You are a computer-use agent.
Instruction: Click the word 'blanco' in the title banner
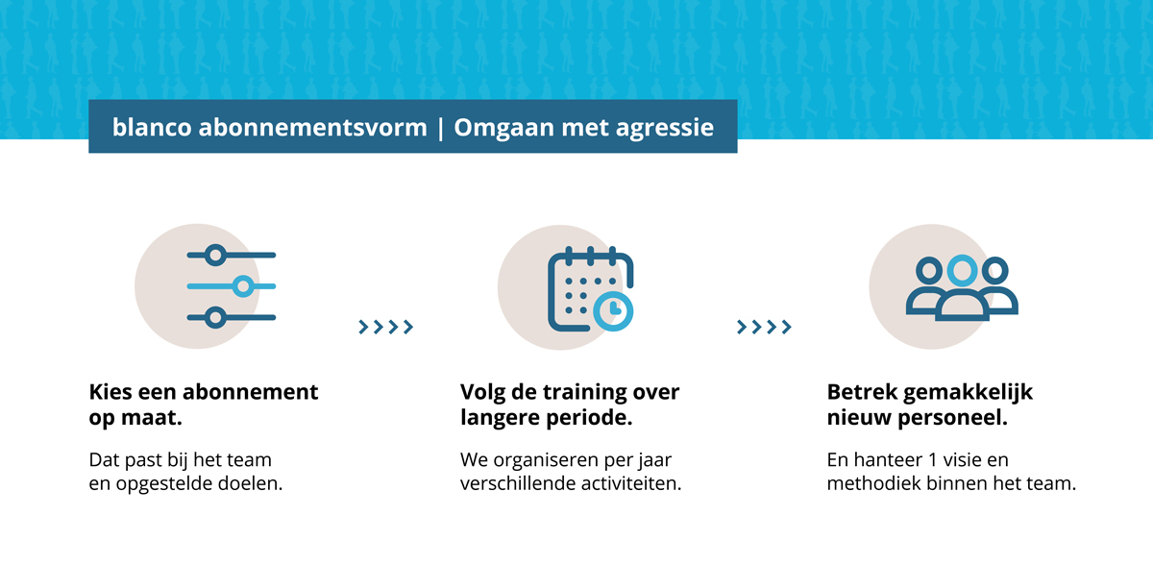[x=152, y=127]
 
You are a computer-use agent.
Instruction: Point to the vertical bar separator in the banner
[x=441, y=128]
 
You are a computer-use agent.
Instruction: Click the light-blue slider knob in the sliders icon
[x=243, y=286]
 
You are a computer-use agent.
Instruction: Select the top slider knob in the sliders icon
[x=215, y=255]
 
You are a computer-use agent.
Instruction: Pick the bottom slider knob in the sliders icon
[x=215, y=317]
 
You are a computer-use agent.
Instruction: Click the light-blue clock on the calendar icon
[x=613, y=310]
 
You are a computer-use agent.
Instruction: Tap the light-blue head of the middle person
[x=962, y=271]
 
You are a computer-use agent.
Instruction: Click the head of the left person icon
[x=929, y=270]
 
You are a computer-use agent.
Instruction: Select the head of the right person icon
[x=995, y=270]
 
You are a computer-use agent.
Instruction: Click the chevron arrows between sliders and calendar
[x=386, y=327]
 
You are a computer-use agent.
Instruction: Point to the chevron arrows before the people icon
[x=764, y=327]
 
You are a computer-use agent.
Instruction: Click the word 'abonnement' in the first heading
[x=250, y=392]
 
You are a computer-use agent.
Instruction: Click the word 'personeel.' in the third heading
[x=952, y=418]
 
